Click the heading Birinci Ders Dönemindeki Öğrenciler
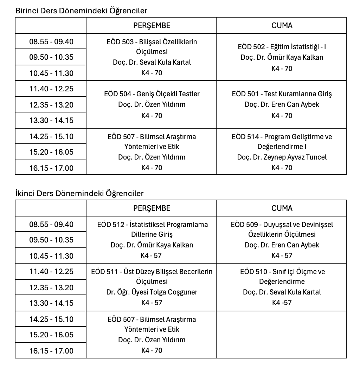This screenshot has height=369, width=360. (x=81, y=11)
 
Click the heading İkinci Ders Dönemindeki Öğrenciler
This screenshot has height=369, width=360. (x=79, y=193)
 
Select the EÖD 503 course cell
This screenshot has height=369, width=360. (x=151, y=57)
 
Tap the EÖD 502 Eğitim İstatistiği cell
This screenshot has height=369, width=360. (x=281, y=57)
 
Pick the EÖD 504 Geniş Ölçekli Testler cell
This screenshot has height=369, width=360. (x=151, y=104)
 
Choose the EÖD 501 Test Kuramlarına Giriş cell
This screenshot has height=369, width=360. (x=281, y=104)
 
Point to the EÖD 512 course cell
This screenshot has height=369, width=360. (x=151, y=240)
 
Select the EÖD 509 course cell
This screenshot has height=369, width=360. (x=281, y=240)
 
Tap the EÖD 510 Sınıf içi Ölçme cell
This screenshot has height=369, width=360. (x=281, y=287)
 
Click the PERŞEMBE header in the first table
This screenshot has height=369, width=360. (x=151, y=25)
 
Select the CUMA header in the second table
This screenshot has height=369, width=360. (x=281, y=208)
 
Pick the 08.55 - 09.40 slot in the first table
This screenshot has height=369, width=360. (x=51, y=42)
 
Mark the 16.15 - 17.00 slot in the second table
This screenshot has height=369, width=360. (x=51, y=351)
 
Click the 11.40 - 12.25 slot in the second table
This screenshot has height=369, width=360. (x=51, y=271)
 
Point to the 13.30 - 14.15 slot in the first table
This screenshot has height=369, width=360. (x=51, y=120)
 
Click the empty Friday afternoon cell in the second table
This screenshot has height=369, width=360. (x=281, y=335)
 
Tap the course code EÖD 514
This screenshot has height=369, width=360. (x=246, y=137)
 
